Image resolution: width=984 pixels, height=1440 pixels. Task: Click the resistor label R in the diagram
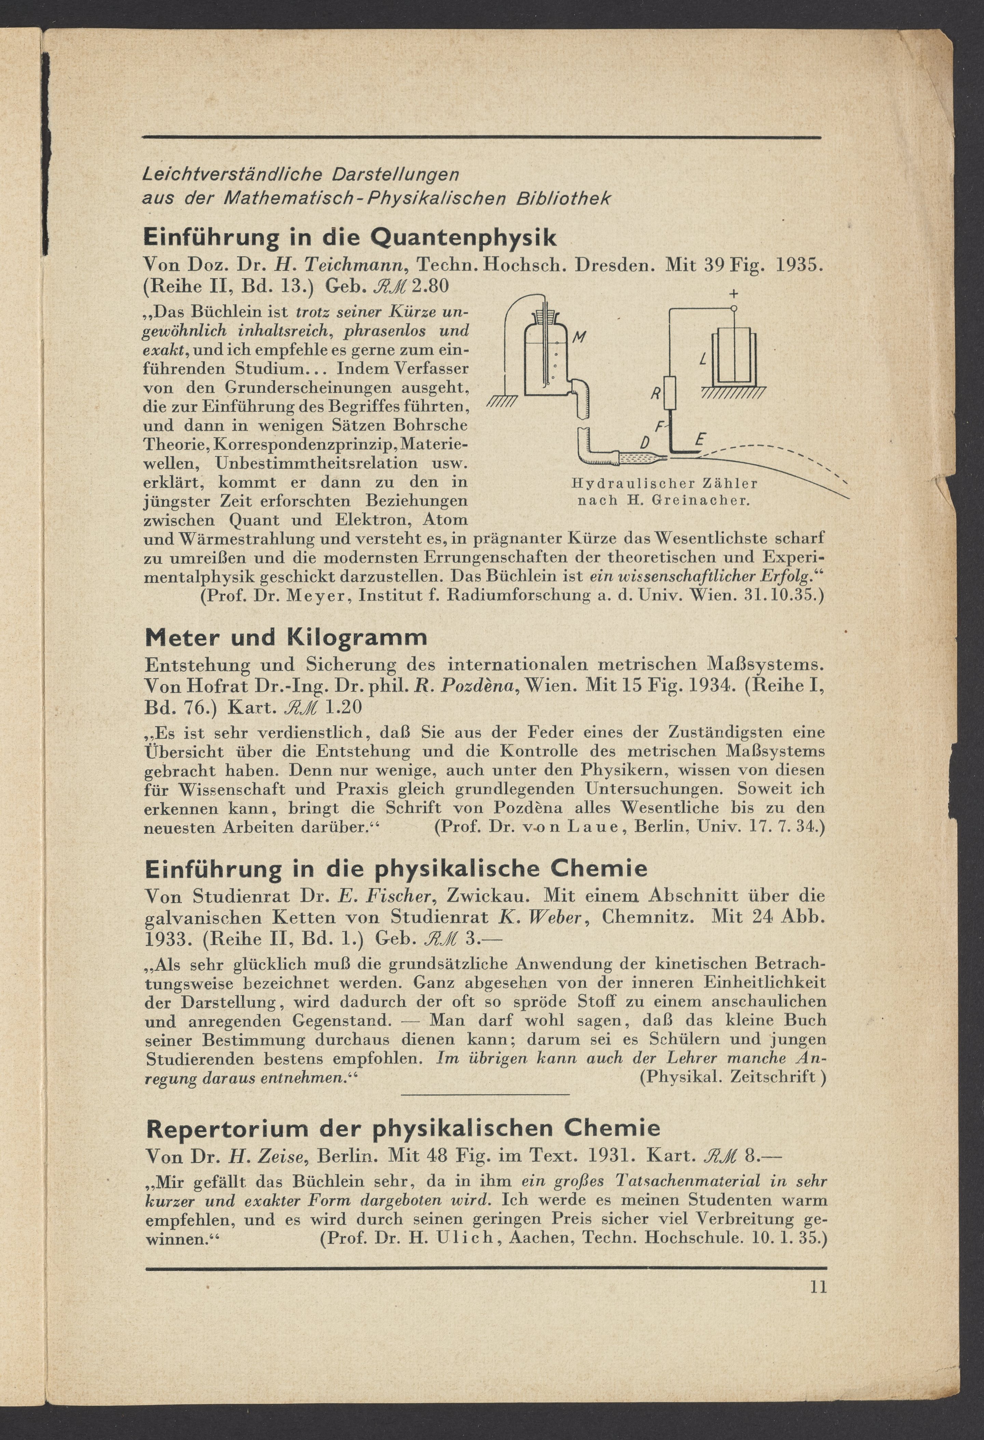pos(655,393)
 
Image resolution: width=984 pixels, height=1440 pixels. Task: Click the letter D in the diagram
pos(645,443)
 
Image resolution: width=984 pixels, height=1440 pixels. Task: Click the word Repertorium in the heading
pos(226,1128)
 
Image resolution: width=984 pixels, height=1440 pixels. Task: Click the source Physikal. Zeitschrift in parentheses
pos(733,1076)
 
